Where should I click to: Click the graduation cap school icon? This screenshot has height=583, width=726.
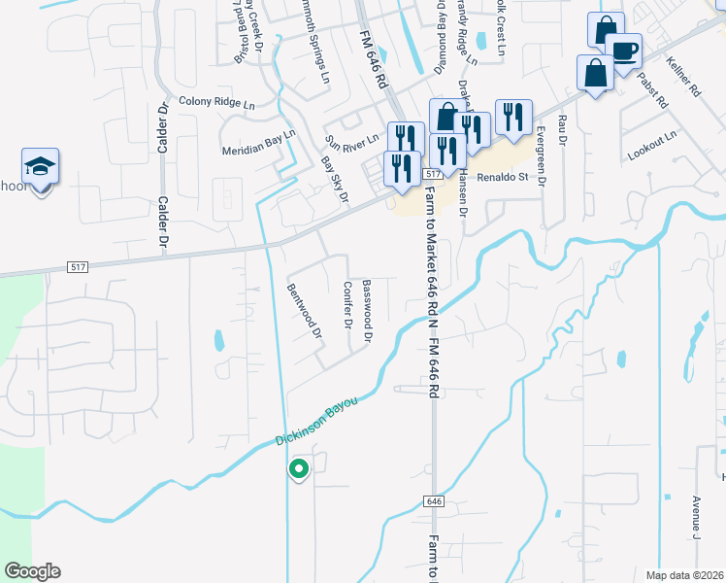pyautogui.click(x=41, y=167)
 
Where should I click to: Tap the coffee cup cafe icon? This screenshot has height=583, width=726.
pyautogui.click(x=623, y=51)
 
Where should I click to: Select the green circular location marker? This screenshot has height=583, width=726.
pyautogui.click(x=299, y=469)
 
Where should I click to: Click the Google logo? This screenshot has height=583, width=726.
pyautogui.click(x=32, y=571)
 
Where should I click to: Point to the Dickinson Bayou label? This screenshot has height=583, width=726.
pyautogui.click(x=316, y=421)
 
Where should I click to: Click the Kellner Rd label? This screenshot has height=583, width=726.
pyautogui.click(x=683, y=79)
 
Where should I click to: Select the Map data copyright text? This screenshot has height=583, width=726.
pyautogui.click(x=684, y=575)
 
